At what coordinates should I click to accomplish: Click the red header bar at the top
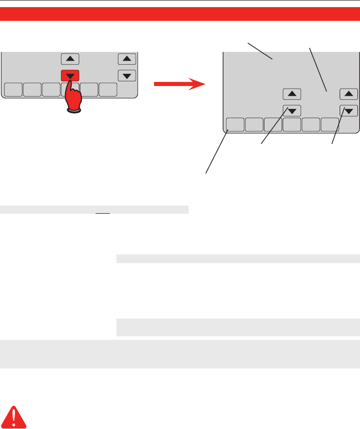click(x=180, y=14)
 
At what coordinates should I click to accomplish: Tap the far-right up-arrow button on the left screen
click(x=127, y=59)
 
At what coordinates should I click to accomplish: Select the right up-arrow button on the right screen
click(x=348, y=94)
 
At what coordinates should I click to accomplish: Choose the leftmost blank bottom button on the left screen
click(x=13, y=90)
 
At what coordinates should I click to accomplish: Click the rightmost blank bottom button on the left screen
click(x=108, y=90)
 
